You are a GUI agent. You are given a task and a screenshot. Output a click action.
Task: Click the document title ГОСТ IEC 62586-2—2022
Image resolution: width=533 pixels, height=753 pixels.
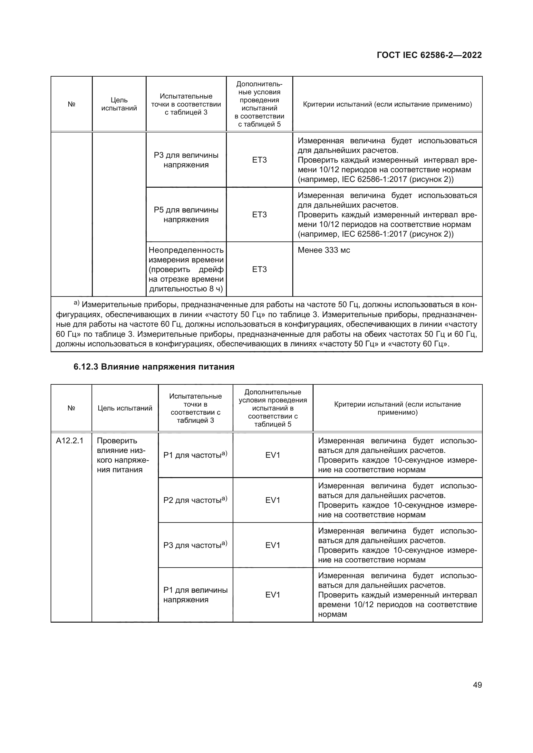point(429,55)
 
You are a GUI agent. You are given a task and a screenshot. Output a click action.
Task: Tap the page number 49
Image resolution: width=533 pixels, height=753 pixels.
point(477,685)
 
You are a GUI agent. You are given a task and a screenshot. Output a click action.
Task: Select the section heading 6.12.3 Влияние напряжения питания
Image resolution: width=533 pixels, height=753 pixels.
point(154,367)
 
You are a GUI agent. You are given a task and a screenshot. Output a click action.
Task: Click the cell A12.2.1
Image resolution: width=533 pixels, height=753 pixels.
point(70,441)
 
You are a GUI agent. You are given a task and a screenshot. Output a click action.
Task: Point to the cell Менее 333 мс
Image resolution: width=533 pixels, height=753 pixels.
point(324,250)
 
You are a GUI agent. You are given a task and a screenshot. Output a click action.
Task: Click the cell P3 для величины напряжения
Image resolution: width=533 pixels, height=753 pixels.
point(186,160)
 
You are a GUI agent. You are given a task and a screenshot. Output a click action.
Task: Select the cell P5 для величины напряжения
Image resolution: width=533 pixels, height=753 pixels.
point(186,215)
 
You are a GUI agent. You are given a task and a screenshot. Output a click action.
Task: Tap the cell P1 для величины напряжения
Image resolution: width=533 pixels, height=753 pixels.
point(195,595)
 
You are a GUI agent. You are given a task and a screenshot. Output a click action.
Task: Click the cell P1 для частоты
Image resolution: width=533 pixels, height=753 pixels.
point(195,455)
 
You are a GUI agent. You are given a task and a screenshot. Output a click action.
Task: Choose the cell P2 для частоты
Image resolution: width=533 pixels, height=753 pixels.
point(195,500)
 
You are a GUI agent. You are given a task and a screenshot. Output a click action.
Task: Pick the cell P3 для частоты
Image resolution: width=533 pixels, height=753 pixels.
point(195,545)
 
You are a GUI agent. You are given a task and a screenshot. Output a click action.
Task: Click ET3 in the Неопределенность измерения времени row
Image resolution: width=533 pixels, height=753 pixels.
point(259,269)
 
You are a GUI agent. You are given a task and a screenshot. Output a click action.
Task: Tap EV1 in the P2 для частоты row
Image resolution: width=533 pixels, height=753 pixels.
point(272,500)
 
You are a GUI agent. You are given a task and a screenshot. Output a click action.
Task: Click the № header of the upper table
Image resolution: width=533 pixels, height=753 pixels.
point(72,104)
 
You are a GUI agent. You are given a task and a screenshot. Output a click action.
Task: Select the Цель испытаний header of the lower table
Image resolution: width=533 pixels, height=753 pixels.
point(125,408)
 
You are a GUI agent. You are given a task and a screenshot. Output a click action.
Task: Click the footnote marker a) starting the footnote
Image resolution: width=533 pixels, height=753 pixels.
point(76,303)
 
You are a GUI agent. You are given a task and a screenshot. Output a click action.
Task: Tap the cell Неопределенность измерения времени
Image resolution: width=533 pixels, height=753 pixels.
point(186,269)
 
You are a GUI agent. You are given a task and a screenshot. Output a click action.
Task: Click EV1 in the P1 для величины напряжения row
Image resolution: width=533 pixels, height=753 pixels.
point(272,595)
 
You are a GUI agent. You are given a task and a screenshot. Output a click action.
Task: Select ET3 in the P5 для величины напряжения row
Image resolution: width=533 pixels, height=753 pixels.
point(259,215)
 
